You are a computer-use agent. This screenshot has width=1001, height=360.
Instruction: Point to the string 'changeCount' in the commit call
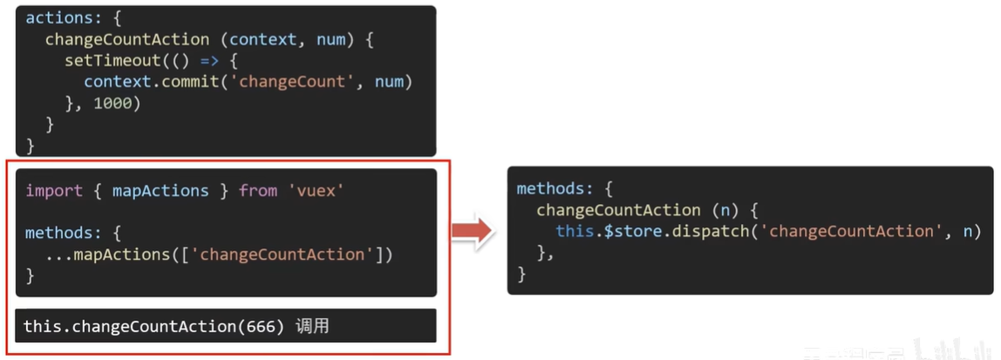(292, 82)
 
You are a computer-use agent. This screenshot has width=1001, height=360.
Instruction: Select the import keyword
(54, 191)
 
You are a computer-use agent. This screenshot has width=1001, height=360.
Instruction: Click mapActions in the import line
(160, 191)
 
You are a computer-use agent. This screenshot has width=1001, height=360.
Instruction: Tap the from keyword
(258, 191)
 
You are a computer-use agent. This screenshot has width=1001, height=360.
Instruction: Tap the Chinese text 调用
(312, 327)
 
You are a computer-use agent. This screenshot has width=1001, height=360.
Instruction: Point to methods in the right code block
(550, 188)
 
